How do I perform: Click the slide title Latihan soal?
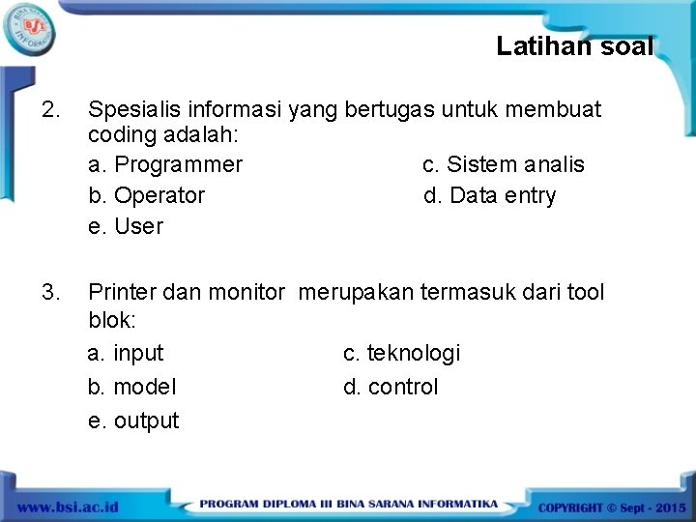tap(574, 46)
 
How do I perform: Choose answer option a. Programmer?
tap(165, 165)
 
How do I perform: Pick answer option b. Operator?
tap(147, 196)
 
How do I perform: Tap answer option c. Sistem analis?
tap(503, 165)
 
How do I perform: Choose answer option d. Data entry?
tap(489, 196)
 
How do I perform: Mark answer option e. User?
tap(126, 227)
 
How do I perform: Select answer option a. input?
tap(126, 354)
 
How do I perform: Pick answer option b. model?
tap(132, 388)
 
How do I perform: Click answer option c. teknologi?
tap(401, 354)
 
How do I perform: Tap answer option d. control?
tap(391, 388)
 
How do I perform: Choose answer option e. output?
tap(133, 421)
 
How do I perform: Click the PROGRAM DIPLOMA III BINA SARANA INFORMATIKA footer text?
tap(348, 505)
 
